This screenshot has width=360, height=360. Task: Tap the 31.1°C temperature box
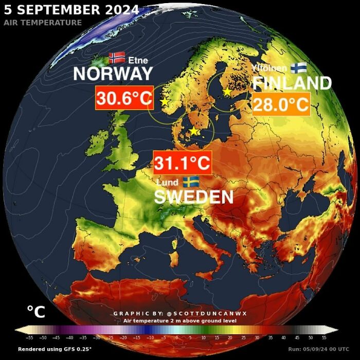tap(183, 164)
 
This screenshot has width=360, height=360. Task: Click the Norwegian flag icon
tap(117, 58)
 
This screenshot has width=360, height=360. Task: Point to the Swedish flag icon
tap(191, 182)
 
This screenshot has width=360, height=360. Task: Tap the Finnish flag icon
tap(298, 68)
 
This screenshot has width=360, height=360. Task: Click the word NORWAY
tap(113, 74)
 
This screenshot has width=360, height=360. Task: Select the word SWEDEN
tap(194, 196)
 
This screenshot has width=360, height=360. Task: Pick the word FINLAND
tap(292, 83)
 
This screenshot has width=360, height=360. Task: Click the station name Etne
tap(138, 61)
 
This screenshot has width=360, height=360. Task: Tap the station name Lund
tap(167, 183)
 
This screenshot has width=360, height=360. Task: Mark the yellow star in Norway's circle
tap(165, 102)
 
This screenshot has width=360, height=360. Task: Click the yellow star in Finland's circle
tap(227, 91)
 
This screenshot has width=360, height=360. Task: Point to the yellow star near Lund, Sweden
tap(194, 132)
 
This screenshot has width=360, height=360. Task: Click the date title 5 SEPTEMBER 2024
tap(71, 10)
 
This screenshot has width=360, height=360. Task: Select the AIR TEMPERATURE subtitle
tap(43, 23)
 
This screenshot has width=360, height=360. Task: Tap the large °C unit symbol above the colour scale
tap(36, 312)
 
